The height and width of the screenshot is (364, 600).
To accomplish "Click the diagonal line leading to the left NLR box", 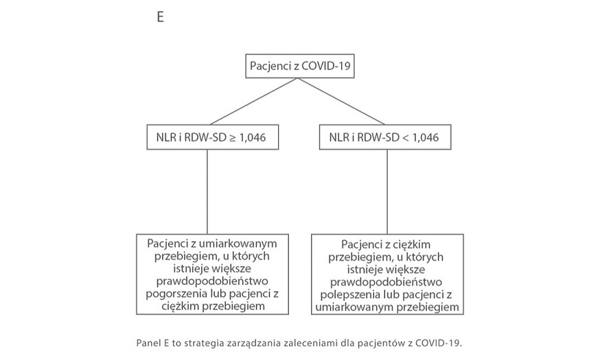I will tap(251, 103).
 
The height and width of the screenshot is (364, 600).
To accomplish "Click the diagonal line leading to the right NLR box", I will tap(342, 103).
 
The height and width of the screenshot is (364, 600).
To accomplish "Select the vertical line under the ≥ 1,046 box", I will tap(207, 192).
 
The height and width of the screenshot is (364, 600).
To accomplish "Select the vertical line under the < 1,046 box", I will tap(388, 192).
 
